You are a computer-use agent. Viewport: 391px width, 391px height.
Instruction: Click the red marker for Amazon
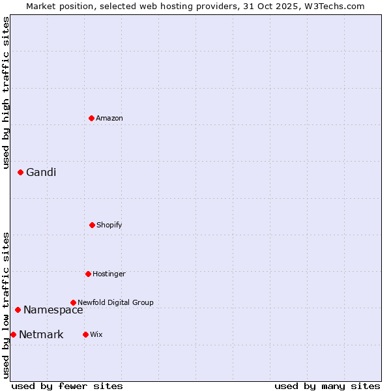91,118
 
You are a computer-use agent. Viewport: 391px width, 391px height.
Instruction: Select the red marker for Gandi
20,172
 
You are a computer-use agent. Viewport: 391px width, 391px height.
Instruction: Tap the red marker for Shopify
92,225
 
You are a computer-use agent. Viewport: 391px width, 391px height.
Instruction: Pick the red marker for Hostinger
88,274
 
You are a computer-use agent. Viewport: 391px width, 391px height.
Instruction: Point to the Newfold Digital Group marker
73,302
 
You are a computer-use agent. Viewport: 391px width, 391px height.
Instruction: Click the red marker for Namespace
18,310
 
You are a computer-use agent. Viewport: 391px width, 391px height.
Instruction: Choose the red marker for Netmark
13,334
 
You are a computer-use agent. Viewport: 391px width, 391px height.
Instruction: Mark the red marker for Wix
85,334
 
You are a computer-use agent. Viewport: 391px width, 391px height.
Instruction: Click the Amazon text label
109,118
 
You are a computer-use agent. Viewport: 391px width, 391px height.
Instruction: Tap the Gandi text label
41,172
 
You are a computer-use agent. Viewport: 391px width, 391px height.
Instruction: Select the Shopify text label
109,225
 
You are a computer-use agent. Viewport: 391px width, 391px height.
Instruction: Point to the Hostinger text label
109,274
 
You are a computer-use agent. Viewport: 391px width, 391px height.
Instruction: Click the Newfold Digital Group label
115,302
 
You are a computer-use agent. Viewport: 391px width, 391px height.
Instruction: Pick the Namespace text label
53,310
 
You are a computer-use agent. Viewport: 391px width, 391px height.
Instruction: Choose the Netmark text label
41,335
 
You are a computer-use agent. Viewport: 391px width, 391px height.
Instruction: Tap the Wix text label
96,334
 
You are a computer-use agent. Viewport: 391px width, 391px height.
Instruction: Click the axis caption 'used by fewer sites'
67,386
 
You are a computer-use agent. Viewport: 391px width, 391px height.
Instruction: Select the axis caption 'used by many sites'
327,386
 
